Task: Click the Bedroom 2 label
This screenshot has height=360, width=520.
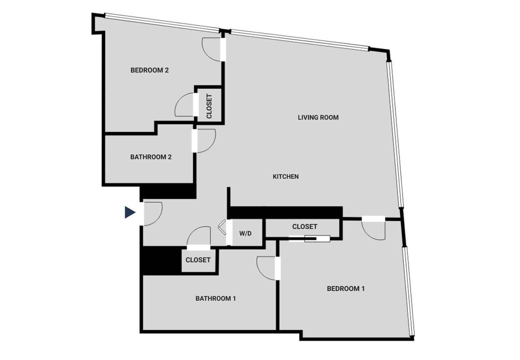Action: point(149,70)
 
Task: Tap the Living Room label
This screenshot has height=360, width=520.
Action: point(318,118)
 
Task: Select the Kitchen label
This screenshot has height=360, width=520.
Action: point(285,177)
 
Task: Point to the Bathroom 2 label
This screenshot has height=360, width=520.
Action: point(151,157)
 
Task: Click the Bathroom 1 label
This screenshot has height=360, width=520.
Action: point(216,298)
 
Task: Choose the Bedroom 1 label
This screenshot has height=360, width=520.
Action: point(346,289)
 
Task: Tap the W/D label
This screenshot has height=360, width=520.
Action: point(245,234)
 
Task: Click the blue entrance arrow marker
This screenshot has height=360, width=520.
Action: point(130,213)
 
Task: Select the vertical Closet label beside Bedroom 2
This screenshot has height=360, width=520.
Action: point(209,106)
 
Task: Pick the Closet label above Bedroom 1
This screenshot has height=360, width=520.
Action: point(304,227)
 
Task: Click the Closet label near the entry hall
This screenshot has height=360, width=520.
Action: point(198,260)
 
